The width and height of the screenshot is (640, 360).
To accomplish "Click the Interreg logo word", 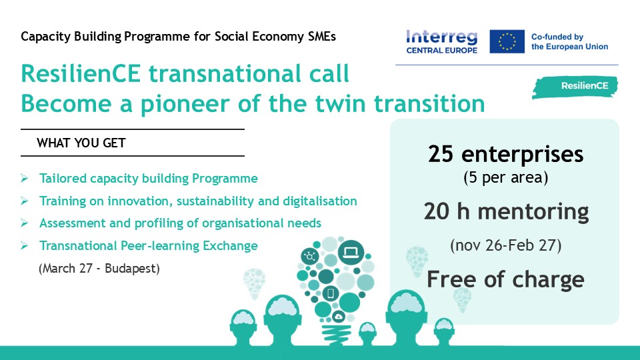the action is pyautogui.click(x=441, y=37).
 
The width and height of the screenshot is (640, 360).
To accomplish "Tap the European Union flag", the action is pyautogui.click(x=507, y=41).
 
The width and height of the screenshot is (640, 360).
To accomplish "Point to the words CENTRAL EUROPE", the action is pyautogui.click(x=441, y=50).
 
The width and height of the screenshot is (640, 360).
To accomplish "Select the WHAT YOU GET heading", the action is pyautogui.click(x=81, y=143).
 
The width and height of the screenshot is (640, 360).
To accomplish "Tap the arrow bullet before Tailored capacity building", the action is pyautogui.click(x=25, y=179).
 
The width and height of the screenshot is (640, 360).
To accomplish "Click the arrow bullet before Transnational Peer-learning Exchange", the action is pyautogui.click(x=25, y=246).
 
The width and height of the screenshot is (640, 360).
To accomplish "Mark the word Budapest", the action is pyautogui.click(x=132, y=268).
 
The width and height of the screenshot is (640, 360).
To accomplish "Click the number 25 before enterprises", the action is pyautogui.click(x=441, y=154).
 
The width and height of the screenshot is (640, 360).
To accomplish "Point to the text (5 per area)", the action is pyautogui.click(x=506, y=177).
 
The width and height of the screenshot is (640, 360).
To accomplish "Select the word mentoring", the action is pyautogui.click(x=533, y=212).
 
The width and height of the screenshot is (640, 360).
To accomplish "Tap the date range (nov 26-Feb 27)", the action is pyautogui.click(x=506, y=245).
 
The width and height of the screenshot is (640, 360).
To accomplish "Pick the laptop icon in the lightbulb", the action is pyautogui.click(x=351, y=252).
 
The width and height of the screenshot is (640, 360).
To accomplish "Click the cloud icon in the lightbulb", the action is pyautogui.click(x=339, y=316).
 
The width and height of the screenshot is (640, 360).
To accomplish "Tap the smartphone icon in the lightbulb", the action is pyautogui.click(x=331, y=293).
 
